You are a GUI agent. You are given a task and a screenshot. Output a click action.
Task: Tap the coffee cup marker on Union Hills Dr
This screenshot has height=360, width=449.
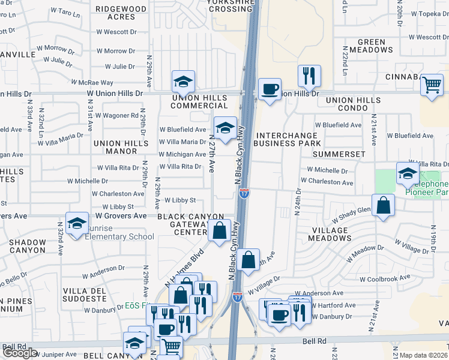click(270, 89)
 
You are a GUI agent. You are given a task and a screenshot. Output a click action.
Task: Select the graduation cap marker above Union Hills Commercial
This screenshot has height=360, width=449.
click(184, 82)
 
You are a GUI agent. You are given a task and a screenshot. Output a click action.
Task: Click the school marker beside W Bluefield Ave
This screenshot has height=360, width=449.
click(225, 128)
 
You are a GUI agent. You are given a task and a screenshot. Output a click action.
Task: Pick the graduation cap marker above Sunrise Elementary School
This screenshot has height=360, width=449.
click(77, 224)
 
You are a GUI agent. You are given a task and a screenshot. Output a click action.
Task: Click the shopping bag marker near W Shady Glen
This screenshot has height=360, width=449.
click(383, 205)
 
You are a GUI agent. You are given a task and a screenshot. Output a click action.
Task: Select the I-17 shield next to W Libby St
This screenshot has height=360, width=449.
click(244, 193)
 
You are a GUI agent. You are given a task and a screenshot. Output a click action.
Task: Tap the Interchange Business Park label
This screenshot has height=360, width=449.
click(287, 139)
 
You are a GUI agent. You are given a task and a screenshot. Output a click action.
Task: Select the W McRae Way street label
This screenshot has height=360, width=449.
click(92, 82)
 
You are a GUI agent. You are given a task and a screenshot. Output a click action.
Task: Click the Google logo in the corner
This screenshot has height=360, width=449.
click(20, 353)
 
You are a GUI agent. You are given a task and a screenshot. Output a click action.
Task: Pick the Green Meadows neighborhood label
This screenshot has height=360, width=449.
click(367, 46)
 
